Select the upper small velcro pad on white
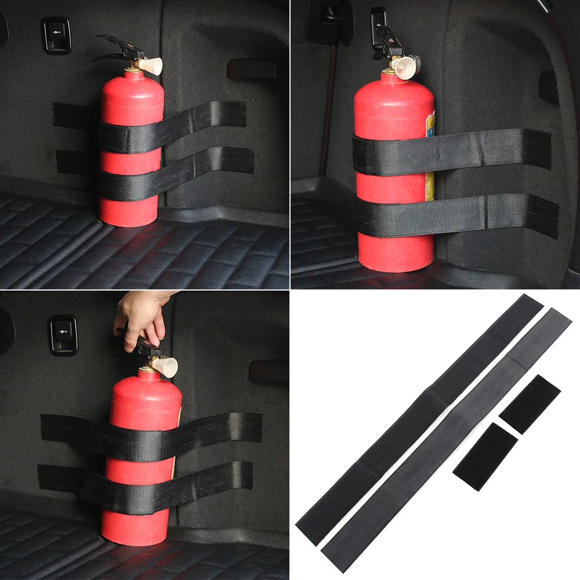click(x=530, y=404)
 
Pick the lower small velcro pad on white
click(x=485, y=456)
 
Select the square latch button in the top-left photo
click(x=56, y=35)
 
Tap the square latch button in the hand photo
click(x=63, y=335)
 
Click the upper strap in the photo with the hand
click(x=151, y=435)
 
